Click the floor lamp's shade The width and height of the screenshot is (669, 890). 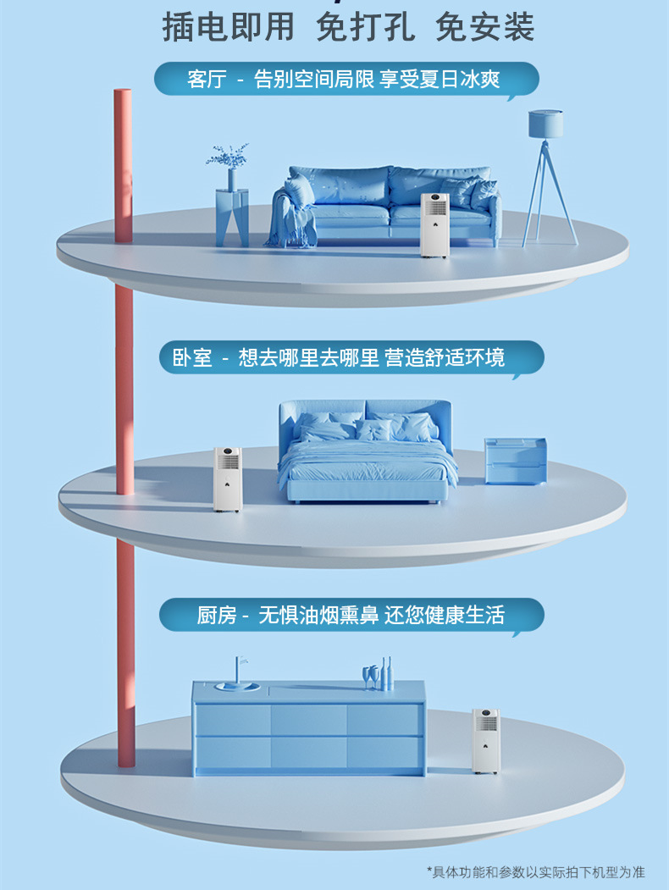(x=546, y=124)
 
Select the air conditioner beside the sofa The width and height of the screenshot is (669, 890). (x=434, y=224)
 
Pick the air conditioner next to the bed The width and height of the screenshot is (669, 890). (x=227, y=479)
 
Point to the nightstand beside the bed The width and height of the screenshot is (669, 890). (x=515, y=461)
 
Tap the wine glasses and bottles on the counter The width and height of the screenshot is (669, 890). (x=378, y=674)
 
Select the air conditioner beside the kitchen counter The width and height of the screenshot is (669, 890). (x=485, y=740)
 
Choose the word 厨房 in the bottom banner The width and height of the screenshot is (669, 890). (x=217, y=616)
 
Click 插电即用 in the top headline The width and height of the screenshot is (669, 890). (x=228, y=27)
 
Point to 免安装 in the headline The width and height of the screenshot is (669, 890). (x=484, y=27)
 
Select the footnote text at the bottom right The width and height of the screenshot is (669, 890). (x=534, y=872)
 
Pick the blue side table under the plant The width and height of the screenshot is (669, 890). (x=231, y=217)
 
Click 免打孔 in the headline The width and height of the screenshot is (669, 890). (x=365, y=27)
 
